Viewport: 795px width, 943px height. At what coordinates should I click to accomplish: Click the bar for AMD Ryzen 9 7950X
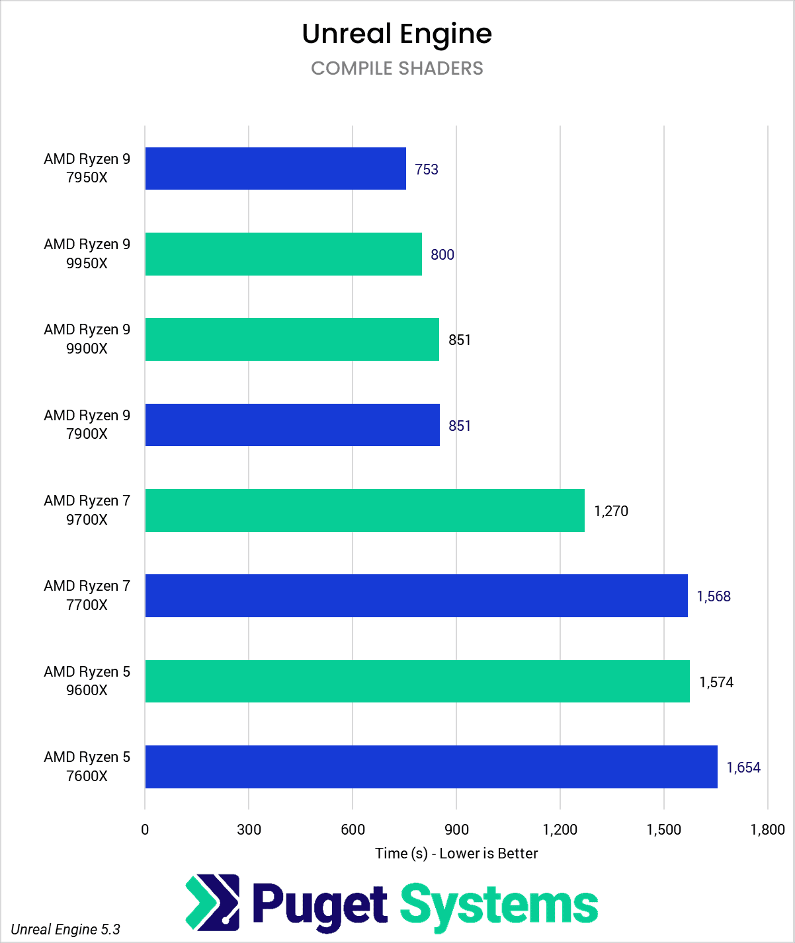(x=275, y=169)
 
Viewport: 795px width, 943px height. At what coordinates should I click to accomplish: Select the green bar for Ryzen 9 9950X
(x=283, y=254)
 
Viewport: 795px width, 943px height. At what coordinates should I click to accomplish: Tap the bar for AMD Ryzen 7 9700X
(x=364, y=510)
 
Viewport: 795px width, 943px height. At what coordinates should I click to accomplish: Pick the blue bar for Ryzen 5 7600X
(x=431, y=767)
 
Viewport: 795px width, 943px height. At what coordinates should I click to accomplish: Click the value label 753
(x=427, y=170)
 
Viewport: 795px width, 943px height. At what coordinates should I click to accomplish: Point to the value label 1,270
(x=611, y=511)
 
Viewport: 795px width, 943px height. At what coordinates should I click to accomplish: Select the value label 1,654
(x=743, y=768)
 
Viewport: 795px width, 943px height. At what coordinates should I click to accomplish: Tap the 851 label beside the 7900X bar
(x=460, y=426)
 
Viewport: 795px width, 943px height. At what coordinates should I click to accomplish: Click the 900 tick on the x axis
(x=456, y=830)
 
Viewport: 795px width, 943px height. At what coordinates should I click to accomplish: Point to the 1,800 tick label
(x=767, y=830)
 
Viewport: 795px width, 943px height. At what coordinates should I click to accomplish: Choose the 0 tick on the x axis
(x=145, y=830)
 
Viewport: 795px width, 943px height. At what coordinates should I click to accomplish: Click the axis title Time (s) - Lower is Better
(x=456, y=854)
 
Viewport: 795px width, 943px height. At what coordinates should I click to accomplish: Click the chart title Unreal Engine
(x=397, y=34)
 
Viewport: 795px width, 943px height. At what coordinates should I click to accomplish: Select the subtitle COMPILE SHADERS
(x=397, y=69)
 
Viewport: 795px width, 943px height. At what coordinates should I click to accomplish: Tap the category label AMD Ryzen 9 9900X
(x=87, y=339)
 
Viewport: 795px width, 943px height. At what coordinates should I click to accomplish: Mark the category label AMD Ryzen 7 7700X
(x=87, y=595)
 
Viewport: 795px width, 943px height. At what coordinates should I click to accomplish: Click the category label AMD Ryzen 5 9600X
(x=87, y=681)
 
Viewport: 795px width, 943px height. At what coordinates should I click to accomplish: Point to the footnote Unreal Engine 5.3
(x=65, y=930)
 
